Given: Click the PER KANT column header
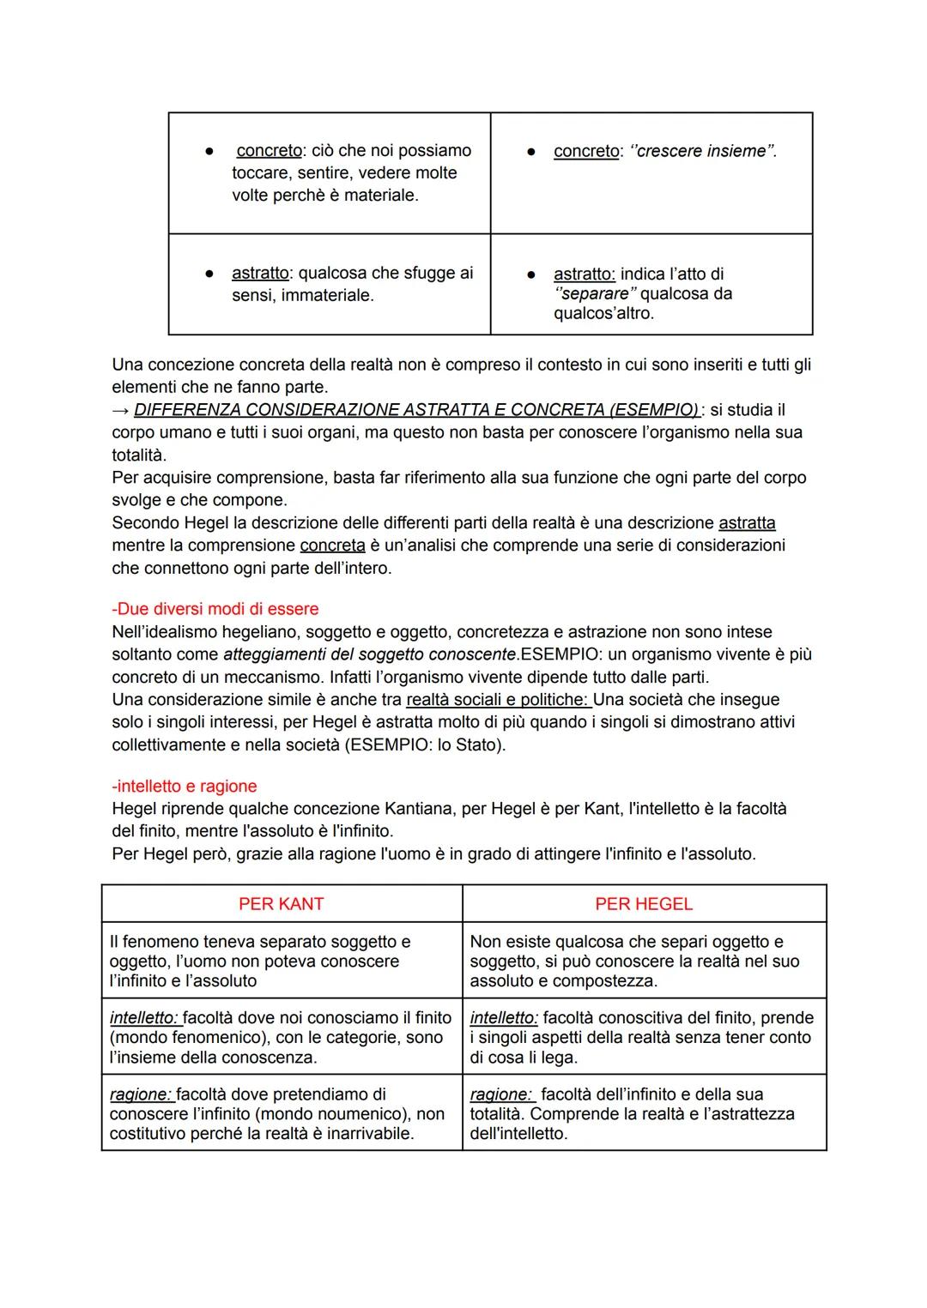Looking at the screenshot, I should click(x=281, y=904).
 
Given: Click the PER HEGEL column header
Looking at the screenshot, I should click(x=643, y=904).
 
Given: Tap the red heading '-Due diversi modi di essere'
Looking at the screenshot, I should click(x=215, y=609).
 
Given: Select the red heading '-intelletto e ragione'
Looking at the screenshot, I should click(x=185, y=786).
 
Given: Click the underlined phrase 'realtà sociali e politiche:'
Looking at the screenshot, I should click(x=499, y=699).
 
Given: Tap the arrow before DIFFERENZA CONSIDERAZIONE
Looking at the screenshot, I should click(x=120, y=410).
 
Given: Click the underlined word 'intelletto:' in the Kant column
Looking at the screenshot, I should click(x=145, y=1018).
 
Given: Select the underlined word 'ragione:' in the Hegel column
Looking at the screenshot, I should click(x=502, y=1094).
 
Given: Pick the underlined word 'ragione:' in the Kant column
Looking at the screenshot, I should click(x=141, y=1094).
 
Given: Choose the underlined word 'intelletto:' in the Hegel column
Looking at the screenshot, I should click(x=505, y=1018).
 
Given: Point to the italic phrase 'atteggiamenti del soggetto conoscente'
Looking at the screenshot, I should click(x=370, y=654).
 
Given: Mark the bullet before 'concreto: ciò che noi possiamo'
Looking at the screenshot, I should click(x=208, y=151).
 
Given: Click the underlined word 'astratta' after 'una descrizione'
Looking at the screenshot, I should click(x=747, y=522).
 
